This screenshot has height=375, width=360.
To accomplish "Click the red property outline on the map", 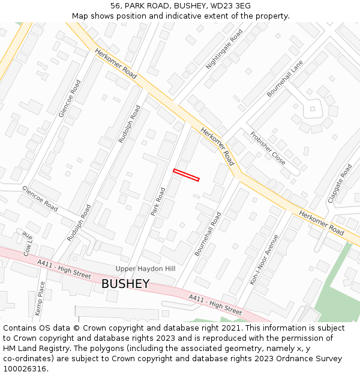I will pos(186,175).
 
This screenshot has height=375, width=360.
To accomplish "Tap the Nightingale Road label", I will pos(224,49).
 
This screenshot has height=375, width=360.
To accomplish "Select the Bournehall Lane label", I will pos(285,79).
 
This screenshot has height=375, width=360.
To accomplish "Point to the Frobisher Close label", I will pos(268,148).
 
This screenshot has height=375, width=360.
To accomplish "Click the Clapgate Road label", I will pos(340,183).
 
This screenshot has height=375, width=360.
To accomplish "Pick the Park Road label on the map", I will pos(158,202).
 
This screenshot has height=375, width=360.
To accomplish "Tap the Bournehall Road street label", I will pos(208,233).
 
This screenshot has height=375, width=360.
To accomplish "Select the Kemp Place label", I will pos(40,299).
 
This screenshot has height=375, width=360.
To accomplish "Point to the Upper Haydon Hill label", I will pos(145,268).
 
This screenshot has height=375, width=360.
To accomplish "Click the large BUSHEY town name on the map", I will pos(125,284).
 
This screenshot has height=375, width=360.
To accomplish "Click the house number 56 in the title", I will pos(115,5).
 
